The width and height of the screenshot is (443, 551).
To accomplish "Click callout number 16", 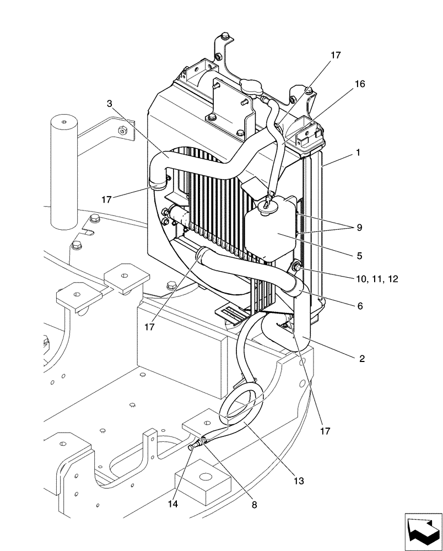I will point(360,84).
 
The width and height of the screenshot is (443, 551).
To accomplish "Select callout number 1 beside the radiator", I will point(358,153).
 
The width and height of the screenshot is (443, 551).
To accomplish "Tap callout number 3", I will point(110,103).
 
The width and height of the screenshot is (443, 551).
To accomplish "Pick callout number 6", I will point(360,306).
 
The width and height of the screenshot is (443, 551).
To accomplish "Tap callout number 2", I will point(361,359).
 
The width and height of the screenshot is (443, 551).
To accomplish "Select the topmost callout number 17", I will point(336,55).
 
